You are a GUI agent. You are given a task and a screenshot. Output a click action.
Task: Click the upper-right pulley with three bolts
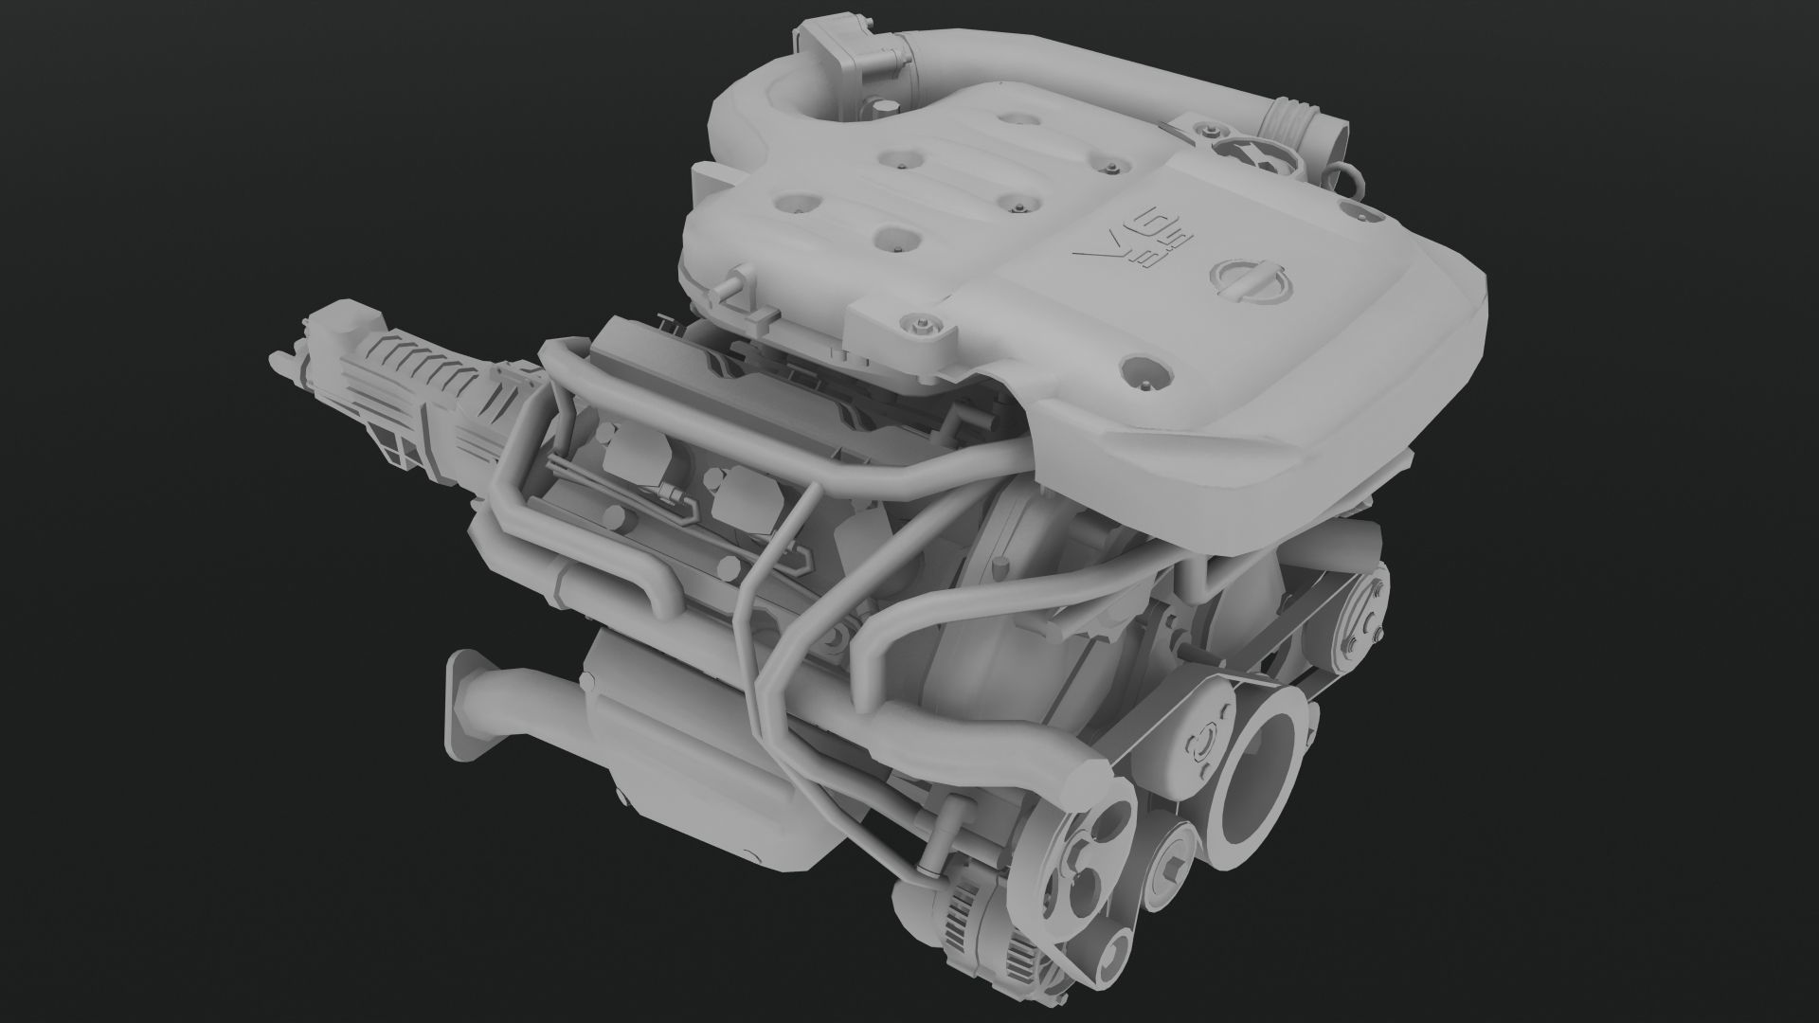tap(1360, 606)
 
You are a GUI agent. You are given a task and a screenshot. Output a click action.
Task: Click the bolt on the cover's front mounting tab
tap(917, 325)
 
